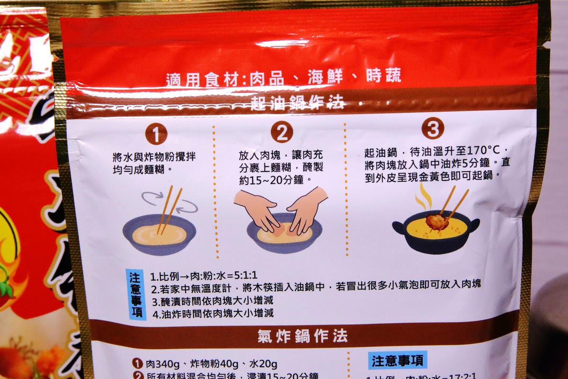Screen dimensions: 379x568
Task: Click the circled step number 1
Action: click(156, 134)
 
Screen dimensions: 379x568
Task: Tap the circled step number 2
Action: click(282, 133)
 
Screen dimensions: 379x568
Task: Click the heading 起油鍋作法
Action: click(298, 102)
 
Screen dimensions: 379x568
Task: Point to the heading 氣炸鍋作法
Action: click(302, 336)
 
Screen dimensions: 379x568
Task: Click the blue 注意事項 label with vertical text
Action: click(135, 294)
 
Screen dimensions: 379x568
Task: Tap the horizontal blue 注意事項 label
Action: click(397, 360)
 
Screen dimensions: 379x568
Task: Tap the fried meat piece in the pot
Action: click(436, 221)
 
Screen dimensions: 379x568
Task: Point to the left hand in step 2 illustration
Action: click(257, 209)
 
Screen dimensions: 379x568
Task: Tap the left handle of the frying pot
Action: click(399, 228)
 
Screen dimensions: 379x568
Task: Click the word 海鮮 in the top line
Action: click(325, 77)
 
